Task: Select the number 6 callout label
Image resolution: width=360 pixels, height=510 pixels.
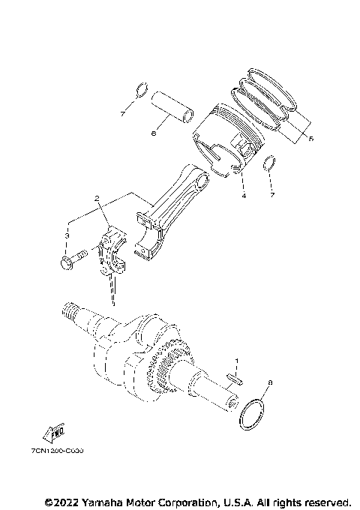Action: [153, 134]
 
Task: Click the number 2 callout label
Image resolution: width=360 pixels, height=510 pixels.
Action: [97, 199]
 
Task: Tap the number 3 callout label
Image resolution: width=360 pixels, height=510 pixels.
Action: [66, 235]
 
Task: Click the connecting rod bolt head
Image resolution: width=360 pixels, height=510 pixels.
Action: [65, 262]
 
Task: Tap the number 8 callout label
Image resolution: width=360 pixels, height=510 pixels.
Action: [271, 382]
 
